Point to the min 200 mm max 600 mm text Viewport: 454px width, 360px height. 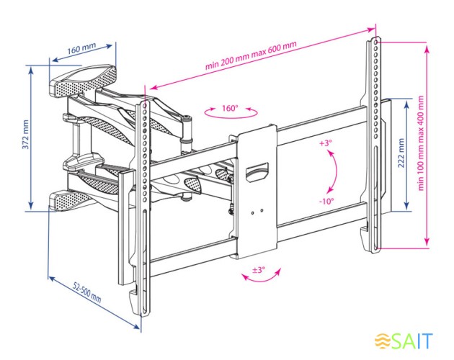pos(250,57)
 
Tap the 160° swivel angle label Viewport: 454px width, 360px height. pos(230,108)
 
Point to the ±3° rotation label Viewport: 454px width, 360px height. pos(257,270)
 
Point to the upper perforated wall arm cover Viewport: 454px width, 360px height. pos(81,80)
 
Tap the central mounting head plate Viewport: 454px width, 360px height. pos(254,191)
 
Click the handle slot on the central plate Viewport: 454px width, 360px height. pos(256,171)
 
